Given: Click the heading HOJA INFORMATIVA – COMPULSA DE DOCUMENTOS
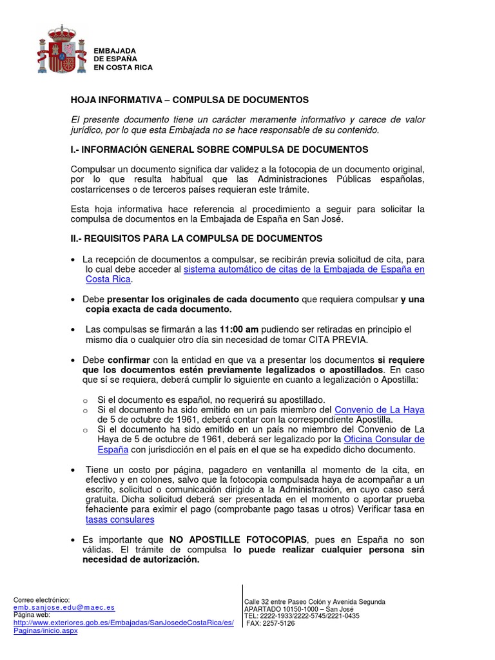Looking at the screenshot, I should click(189, 100).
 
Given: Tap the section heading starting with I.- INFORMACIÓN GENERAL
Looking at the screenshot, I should click(219, 150).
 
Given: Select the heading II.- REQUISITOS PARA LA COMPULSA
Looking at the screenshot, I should click(197, 238).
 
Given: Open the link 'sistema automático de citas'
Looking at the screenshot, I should click(304, 269).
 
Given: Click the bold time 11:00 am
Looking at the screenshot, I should click(240, 329).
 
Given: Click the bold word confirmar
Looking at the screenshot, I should click(129, 359).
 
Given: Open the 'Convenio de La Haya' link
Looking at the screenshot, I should click(380, 409).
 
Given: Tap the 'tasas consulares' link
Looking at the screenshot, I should click(120, 519).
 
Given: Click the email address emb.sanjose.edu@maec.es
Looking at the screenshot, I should click(64, 607).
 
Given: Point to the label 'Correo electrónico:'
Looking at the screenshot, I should click(41, 599).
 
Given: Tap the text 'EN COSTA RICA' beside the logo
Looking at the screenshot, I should click(123, 67).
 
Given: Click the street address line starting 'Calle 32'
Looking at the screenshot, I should click(315, 601).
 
